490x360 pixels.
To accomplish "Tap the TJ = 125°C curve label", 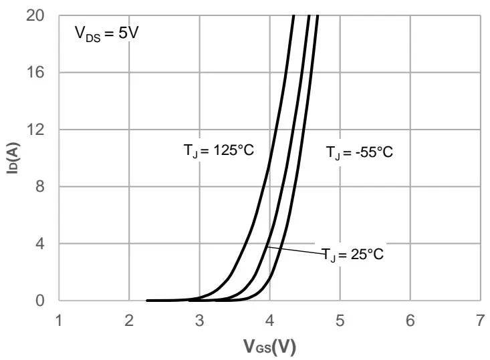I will click(x=219, y=150).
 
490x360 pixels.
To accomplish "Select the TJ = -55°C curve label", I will click(x=359, y=152).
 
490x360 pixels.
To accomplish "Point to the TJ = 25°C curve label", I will click(x=353, y=254).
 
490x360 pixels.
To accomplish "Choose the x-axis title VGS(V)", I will click(x=270, y=347).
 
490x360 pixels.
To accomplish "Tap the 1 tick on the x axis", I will click(x=59, y=321).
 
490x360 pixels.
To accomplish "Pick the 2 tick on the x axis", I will click(x=129, y=321).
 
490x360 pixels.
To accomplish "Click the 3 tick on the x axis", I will click(x=199, y=321).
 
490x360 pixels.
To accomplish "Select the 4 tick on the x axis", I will click(x=269, y=321).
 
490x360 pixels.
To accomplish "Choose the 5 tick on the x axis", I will click(x=340, y=321).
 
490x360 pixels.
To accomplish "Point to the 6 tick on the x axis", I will click(x=410, y=321).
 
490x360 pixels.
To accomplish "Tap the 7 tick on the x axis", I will click(x=480, y=321).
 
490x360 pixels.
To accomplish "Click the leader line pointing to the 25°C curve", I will click(x=294, y=250).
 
